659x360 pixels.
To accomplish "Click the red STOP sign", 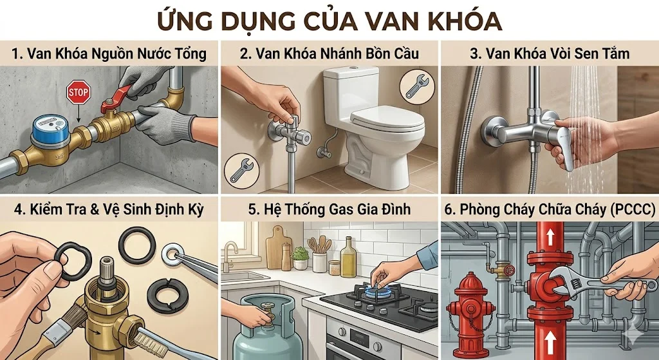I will (x=78, y=94).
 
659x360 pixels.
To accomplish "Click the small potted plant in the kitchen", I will (x=300, y=258).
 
